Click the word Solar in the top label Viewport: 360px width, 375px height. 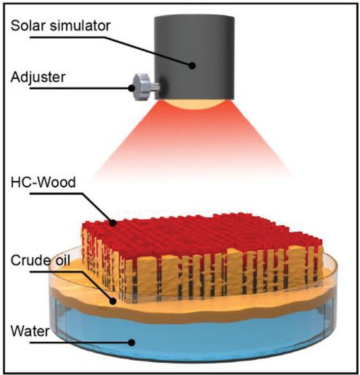28,26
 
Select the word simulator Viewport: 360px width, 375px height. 80,26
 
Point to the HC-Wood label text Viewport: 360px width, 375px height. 43,182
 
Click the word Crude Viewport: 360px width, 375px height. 28,260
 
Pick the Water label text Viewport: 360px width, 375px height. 30,331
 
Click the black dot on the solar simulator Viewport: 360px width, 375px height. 192,66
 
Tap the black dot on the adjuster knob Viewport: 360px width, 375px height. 131,88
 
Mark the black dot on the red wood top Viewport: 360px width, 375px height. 113,223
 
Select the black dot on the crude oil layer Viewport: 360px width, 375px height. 113,301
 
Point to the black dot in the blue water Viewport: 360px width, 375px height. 131,343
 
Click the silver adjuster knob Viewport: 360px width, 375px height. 143,87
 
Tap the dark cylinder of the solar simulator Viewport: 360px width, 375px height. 194,57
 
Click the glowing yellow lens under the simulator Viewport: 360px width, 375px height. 194,104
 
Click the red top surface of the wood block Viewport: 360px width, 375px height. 201,236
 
